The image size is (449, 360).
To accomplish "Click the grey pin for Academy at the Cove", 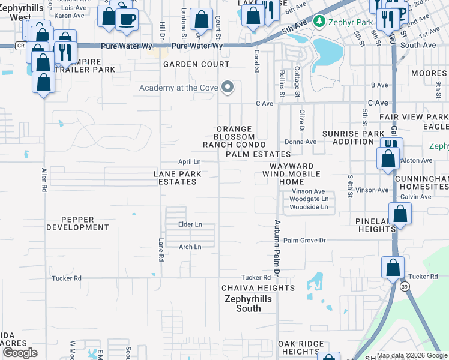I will coord(228,88).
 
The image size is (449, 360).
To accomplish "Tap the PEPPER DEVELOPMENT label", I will coord(78,223).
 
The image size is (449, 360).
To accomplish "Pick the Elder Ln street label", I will coord(190,224).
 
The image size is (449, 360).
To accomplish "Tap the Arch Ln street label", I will coord(190,247).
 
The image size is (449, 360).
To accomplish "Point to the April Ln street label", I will coord(189,162).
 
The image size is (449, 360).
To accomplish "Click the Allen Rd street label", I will coord(44,179).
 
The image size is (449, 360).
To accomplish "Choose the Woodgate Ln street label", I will coord(309,199).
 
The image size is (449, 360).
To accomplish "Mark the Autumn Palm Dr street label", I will coord(277,247).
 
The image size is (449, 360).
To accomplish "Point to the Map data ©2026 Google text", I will coord(412,355).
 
